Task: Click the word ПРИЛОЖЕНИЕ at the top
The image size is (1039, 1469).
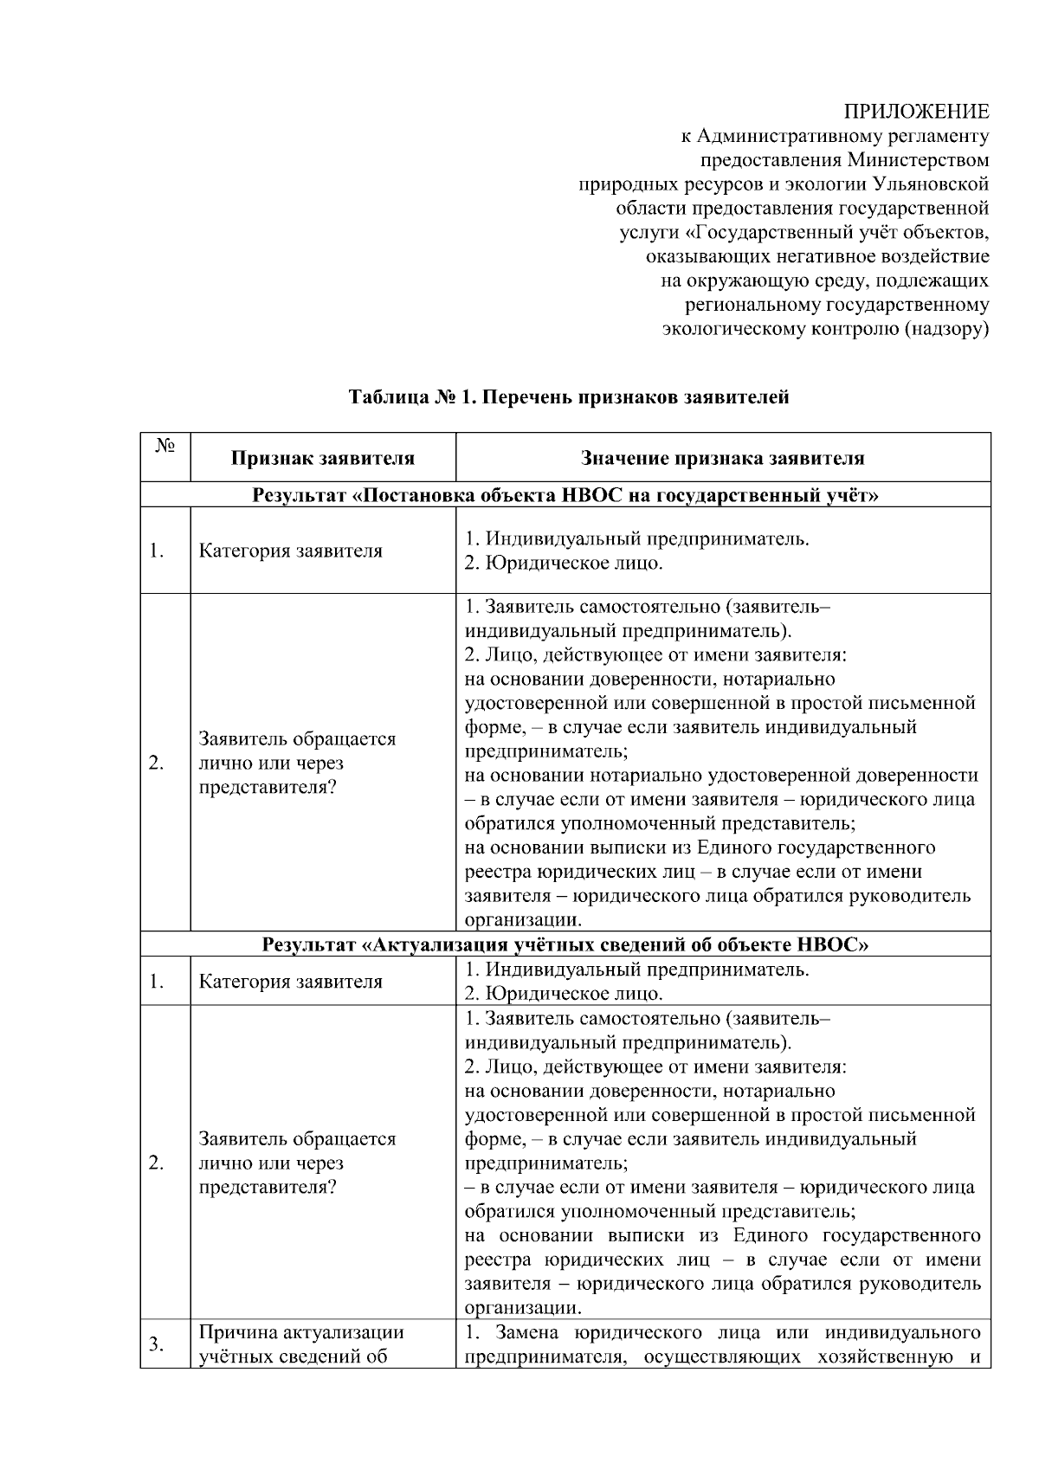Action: [916, 112]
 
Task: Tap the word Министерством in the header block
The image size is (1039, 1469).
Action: [918, 160]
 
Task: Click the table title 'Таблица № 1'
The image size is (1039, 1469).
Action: [412, 398]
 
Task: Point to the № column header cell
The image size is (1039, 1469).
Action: [165, 456]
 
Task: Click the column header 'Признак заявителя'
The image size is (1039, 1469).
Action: [322, 458]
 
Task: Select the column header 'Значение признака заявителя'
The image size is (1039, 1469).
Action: [722, 458]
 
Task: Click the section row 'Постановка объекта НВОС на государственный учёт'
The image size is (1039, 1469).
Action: [565, 495]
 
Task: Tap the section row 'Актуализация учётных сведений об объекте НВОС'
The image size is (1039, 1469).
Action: [565, 944]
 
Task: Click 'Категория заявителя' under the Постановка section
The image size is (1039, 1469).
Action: [290, 551]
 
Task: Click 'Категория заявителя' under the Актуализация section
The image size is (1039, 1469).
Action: [290, 982]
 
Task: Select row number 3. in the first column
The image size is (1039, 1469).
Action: [157, 1343]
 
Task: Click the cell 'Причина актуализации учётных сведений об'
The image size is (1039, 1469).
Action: [301, 1343]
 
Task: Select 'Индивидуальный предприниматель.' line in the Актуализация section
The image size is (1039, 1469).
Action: [637, 970]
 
